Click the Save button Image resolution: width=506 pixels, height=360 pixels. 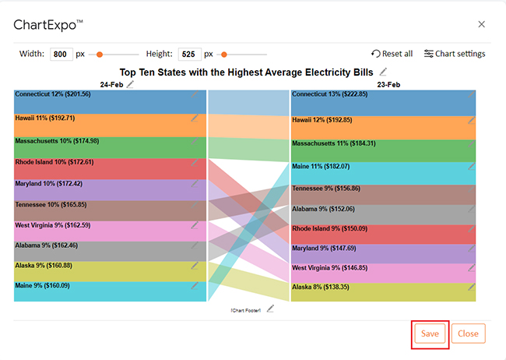pos(430,334)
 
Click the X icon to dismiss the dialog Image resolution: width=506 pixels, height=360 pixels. pos(481,24)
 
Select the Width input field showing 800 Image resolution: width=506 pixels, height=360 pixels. pos(61,54)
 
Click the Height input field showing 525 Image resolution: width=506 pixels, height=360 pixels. pos(190,54)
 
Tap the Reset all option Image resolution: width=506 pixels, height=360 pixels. pos(392,54)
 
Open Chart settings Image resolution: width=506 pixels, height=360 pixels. pos(455,54)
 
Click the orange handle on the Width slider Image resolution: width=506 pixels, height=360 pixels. pos(100,55)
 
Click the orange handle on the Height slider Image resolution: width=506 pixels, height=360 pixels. pos(224,55)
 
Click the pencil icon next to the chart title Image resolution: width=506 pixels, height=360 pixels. pos(383,72)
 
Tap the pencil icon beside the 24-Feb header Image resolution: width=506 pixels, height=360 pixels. pos(130,84)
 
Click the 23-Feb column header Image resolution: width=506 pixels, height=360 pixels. pos(388,85)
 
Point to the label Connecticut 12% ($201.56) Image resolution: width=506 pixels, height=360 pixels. pos(53,94)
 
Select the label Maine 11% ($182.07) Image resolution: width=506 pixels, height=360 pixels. pos(321,167)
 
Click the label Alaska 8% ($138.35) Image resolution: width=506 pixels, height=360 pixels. pos(321,287)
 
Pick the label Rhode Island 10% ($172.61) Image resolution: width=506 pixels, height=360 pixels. pos(54,162)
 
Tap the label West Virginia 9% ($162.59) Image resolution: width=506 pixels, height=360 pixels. pos(53,225)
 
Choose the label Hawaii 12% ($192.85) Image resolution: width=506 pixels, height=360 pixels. pos(322,120)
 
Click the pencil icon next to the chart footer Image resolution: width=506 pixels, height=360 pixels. pos(270,309)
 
